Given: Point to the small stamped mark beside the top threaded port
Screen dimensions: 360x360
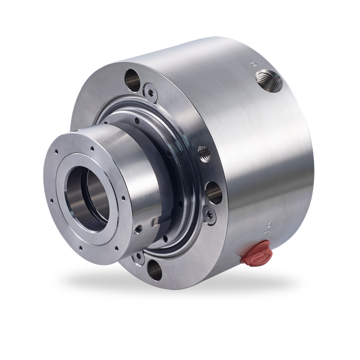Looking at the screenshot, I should point(253,62).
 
